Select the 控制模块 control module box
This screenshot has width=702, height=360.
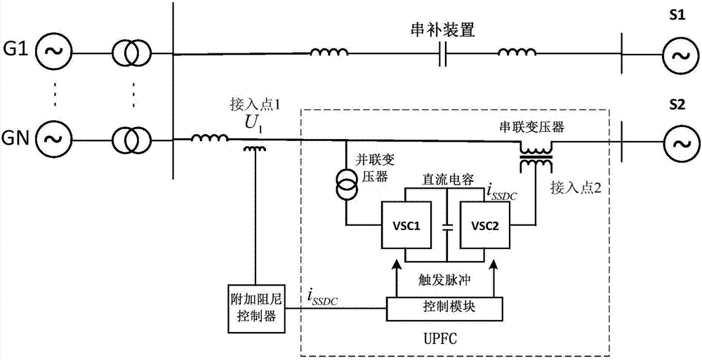(x=443, y=306)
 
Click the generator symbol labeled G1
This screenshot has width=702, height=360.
(x=54, y=51)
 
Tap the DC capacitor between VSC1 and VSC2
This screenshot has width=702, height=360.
(x=444, y=227)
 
